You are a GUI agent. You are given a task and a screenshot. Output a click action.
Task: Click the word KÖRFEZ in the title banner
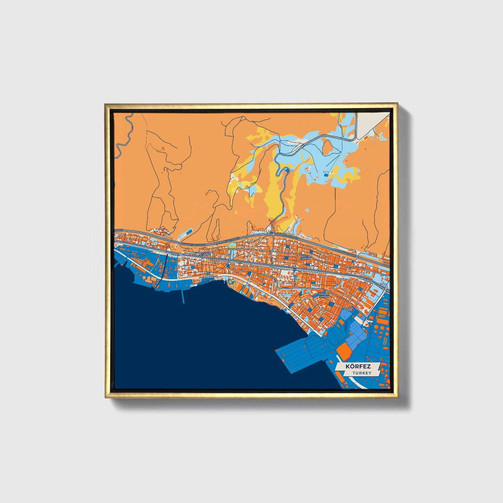click(358, 367)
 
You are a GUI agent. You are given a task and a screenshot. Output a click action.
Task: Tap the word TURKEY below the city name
click(361, 373)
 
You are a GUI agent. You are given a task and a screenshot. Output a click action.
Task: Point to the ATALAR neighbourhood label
click(205, 255)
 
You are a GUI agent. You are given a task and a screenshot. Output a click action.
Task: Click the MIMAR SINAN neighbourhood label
click(324, 295)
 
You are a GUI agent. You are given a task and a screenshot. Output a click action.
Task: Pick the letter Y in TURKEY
click(370, 373)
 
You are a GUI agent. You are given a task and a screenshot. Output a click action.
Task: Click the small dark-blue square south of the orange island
click(325, 175)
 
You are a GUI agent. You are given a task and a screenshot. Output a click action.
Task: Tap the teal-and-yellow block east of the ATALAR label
click(232, 246)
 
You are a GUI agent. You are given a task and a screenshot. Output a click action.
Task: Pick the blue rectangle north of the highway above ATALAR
click(189, 231)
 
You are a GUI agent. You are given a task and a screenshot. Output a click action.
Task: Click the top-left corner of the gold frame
click(106, 104)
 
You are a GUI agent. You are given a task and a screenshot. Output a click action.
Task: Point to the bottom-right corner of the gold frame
click(397, 397)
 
